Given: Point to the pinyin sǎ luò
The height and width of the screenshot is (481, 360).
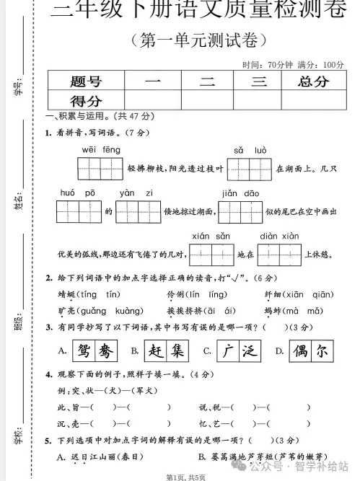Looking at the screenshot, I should pyautogui.click(x=250, y=149).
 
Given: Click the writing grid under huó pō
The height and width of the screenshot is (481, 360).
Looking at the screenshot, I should pyautogui.click(x=79, y=212).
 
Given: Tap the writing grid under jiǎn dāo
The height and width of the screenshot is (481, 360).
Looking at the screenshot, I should pyautogui.click(x=240, y=212).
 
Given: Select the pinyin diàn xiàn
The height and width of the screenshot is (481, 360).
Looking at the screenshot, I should pyautogui.click(x=278, y=236).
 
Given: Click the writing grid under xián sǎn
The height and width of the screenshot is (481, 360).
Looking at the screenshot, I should pyautogui.click(x=211, y=254).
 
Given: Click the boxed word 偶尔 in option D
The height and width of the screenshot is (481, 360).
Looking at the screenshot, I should pyautogui.click(x=311, y=350).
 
